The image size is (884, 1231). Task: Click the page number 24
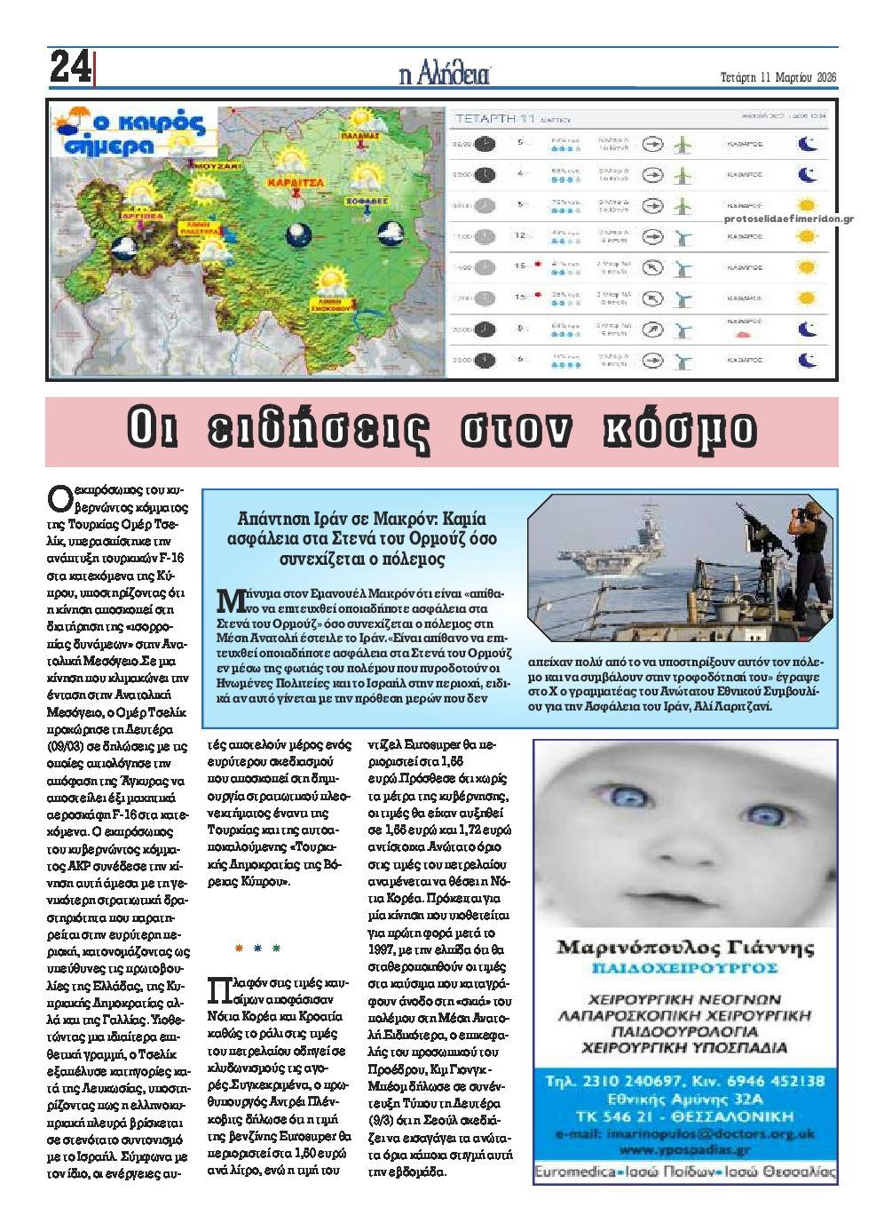click(70, 67)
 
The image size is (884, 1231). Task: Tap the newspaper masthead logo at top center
click(445, 74)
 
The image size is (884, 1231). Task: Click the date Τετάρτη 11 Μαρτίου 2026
click(777, 77)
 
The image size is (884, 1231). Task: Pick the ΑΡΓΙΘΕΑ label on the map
click(139, 216)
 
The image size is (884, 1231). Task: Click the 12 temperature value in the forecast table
click(521, 235)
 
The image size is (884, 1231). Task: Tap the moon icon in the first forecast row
click(807, 144)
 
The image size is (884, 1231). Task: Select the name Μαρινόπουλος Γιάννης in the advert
click(684, 947)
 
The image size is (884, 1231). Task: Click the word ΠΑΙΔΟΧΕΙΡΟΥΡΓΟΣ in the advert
click(684, 966)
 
